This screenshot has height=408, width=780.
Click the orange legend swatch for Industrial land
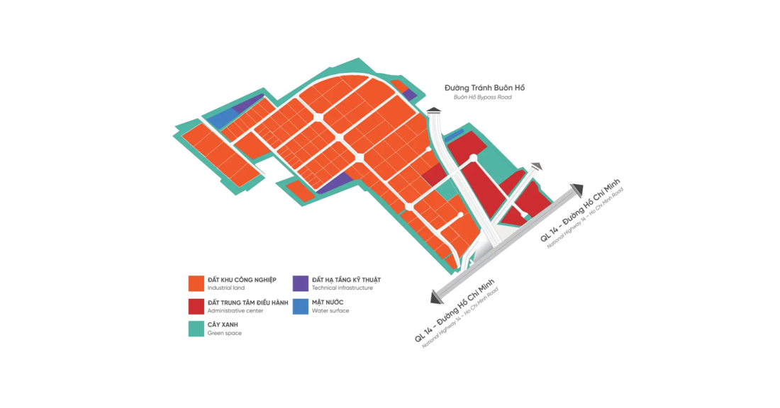(x=196, y=283)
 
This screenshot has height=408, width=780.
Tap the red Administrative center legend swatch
(x=196, y=306)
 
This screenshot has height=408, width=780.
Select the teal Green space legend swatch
(x=196, y=329)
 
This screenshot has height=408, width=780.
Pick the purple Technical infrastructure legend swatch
(x=301, y=283)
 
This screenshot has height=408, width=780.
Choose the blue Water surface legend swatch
(x=301, y=306)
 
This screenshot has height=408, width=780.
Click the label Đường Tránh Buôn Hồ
(x=485, y=88)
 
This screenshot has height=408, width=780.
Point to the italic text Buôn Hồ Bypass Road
(x=482, y=98)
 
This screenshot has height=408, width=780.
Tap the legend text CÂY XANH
(x=223, y=324)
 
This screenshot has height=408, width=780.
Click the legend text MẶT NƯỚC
(x=328, y=302)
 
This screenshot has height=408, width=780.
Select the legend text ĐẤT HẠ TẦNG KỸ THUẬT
(x=346, y=280)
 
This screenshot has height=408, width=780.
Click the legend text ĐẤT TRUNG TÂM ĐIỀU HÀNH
(x=247, y=302)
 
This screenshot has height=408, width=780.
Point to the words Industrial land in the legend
(x=225, y=288)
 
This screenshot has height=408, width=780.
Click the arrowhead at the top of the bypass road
(x=434, y=110)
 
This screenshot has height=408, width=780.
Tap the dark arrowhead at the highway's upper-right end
(x=576, y=189)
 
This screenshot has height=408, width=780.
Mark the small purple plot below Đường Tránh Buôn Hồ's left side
(x=409, y=94)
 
